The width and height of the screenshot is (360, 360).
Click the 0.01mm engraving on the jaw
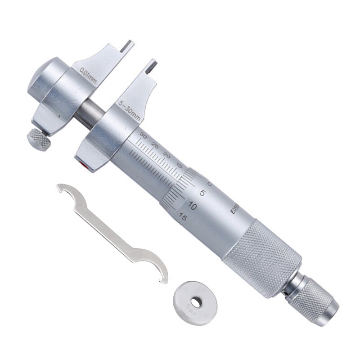point(88,75)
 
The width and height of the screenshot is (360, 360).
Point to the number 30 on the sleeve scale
point(144,135)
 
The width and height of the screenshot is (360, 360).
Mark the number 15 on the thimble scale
point(182,216)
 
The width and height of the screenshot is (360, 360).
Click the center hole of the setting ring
point(196,302)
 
